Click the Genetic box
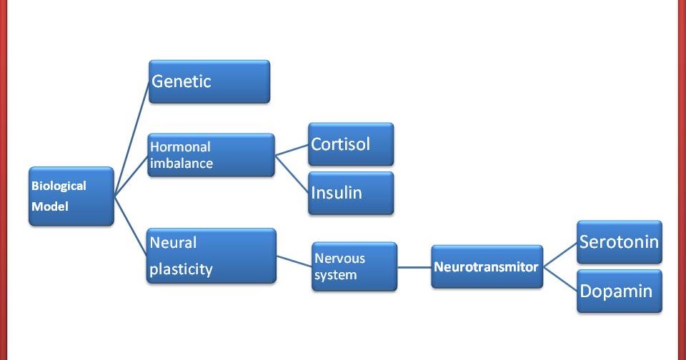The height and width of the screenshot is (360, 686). (209, 81)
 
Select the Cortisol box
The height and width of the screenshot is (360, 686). (350, 144)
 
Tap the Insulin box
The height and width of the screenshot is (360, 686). (350, 192)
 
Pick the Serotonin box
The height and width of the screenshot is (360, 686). (619, 242)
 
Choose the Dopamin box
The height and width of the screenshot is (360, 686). (619, 290)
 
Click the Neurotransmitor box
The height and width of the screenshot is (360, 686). (486, 267)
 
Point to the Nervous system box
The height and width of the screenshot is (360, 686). (354, 266)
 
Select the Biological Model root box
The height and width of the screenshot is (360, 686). (71, 196)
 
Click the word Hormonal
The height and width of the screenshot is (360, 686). (180, 146)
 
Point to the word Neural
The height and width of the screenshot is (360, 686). (173, 242)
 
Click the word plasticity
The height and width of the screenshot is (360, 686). (182, 269)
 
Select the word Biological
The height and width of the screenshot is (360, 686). (59, 186)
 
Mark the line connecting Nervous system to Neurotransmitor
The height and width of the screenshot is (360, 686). (414, 267)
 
